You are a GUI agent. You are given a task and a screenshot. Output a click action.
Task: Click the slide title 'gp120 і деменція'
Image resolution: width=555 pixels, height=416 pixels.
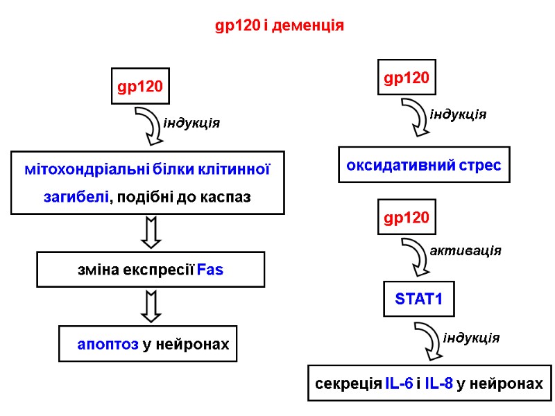(280, 26)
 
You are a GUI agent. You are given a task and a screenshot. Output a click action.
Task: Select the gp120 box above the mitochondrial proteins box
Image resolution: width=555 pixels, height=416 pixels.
(140, 86)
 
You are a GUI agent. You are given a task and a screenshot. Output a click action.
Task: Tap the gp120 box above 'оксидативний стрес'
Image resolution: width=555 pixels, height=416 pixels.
(407, 78)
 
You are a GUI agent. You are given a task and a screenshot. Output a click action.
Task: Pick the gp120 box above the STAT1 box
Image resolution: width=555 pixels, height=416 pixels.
(407, 218)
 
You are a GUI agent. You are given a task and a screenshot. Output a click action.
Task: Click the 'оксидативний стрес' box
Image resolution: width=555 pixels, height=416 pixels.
(423, 165)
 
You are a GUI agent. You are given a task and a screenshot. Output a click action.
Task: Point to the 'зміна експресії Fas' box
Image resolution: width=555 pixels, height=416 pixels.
(151, 270)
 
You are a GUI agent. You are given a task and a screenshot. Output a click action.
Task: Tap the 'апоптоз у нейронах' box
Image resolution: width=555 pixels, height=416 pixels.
(148, 343)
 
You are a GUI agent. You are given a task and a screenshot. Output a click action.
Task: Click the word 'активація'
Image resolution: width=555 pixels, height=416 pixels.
(466, 250)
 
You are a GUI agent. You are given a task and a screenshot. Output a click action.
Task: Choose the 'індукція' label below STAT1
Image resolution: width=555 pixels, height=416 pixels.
(471, 338)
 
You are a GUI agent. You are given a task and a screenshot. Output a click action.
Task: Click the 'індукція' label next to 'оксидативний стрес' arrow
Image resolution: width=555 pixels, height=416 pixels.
(458, 114)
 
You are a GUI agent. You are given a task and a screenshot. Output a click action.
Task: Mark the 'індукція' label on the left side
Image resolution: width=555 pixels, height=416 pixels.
(191, 123)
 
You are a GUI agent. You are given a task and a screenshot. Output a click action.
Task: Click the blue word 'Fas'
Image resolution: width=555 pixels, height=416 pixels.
(210, 270)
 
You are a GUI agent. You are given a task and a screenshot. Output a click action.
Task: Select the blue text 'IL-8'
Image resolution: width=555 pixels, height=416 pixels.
(438, 383)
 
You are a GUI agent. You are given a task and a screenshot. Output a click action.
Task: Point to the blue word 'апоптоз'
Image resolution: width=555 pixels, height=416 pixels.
(108, 344)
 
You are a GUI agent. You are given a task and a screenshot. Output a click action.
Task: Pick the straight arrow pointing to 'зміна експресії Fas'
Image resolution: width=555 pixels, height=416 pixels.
(151, 232)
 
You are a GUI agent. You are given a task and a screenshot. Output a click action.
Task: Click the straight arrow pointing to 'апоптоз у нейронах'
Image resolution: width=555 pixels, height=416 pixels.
(151, 306)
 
